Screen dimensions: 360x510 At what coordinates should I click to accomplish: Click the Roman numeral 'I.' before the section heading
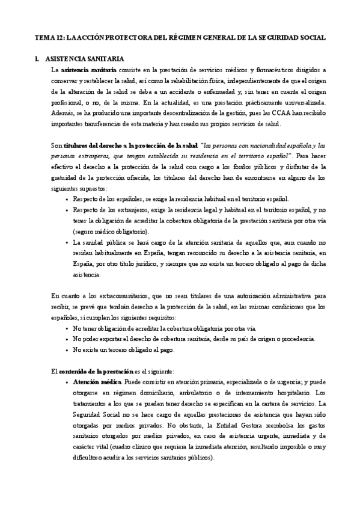tap(37, 59)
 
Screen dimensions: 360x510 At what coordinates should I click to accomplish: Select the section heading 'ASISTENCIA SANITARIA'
tap(85, 59)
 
